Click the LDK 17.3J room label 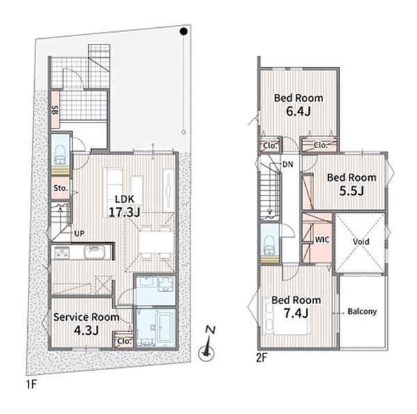click(x=124, y=206)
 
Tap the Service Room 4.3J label click(x=86, y=324)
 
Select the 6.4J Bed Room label click(x=299, y=104)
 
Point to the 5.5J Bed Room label click(x=352, y=184)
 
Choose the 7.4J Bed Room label click(x=296, y=307)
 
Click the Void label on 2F click(x=361, y=241)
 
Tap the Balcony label click(x=362, y=311)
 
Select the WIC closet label click(x=322, y=239)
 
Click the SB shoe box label click(x=55, y=110)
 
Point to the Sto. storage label click(x=60, y=188)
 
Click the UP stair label click(x=79, y=234)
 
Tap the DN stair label click(x=288, y=164)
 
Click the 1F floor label click(x=31, y=384)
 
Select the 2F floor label click(x=262, y=358)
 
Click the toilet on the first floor click(x=60, y=155)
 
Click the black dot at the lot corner click(x=183, y=31)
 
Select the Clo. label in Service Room click(x=124, y=341)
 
